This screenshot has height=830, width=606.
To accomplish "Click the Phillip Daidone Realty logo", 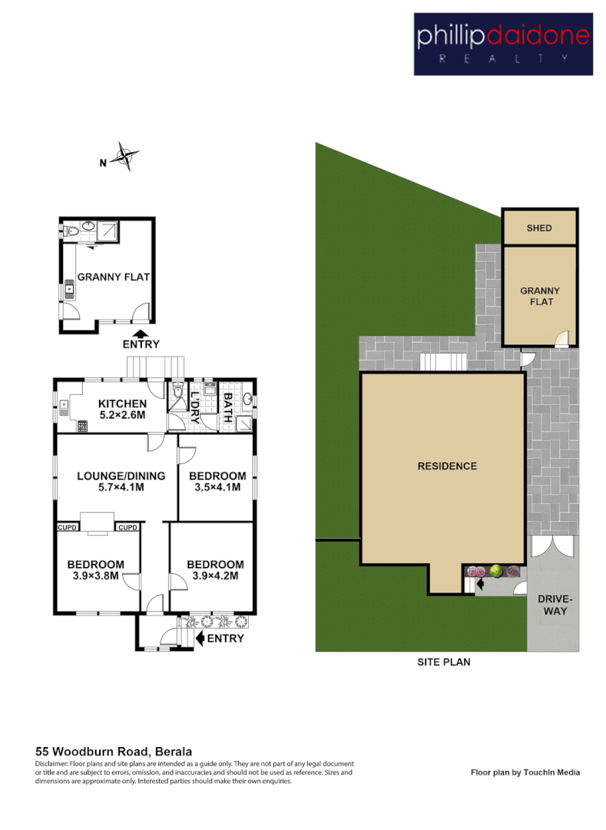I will [503, 44].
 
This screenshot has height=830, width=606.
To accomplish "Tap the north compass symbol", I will [124, 157].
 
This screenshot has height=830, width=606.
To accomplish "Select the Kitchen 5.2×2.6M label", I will [122, 410].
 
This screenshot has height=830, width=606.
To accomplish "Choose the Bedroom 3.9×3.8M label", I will [95, 569].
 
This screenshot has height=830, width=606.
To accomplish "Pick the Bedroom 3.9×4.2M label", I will [216, 569].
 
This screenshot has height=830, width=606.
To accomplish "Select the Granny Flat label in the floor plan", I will [113, 277].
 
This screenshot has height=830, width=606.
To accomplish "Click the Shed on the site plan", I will [539, 227].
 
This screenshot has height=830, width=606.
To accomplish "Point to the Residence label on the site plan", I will [447, 466].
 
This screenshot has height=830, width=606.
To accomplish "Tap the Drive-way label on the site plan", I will [552, 605].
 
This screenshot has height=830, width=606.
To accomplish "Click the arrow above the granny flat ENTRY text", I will [141, 334].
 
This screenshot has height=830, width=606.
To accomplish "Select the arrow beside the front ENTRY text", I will [201, 638].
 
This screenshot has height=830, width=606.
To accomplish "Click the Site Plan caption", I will [443, 661].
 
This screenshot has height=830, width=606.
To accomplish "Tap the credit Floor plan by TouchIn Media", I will [525, 772].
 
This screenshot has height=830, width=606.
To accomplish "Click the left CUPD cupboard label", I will [66, 527].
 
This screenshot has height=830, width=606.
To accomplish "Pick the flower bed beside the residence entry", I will [493, 572].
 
